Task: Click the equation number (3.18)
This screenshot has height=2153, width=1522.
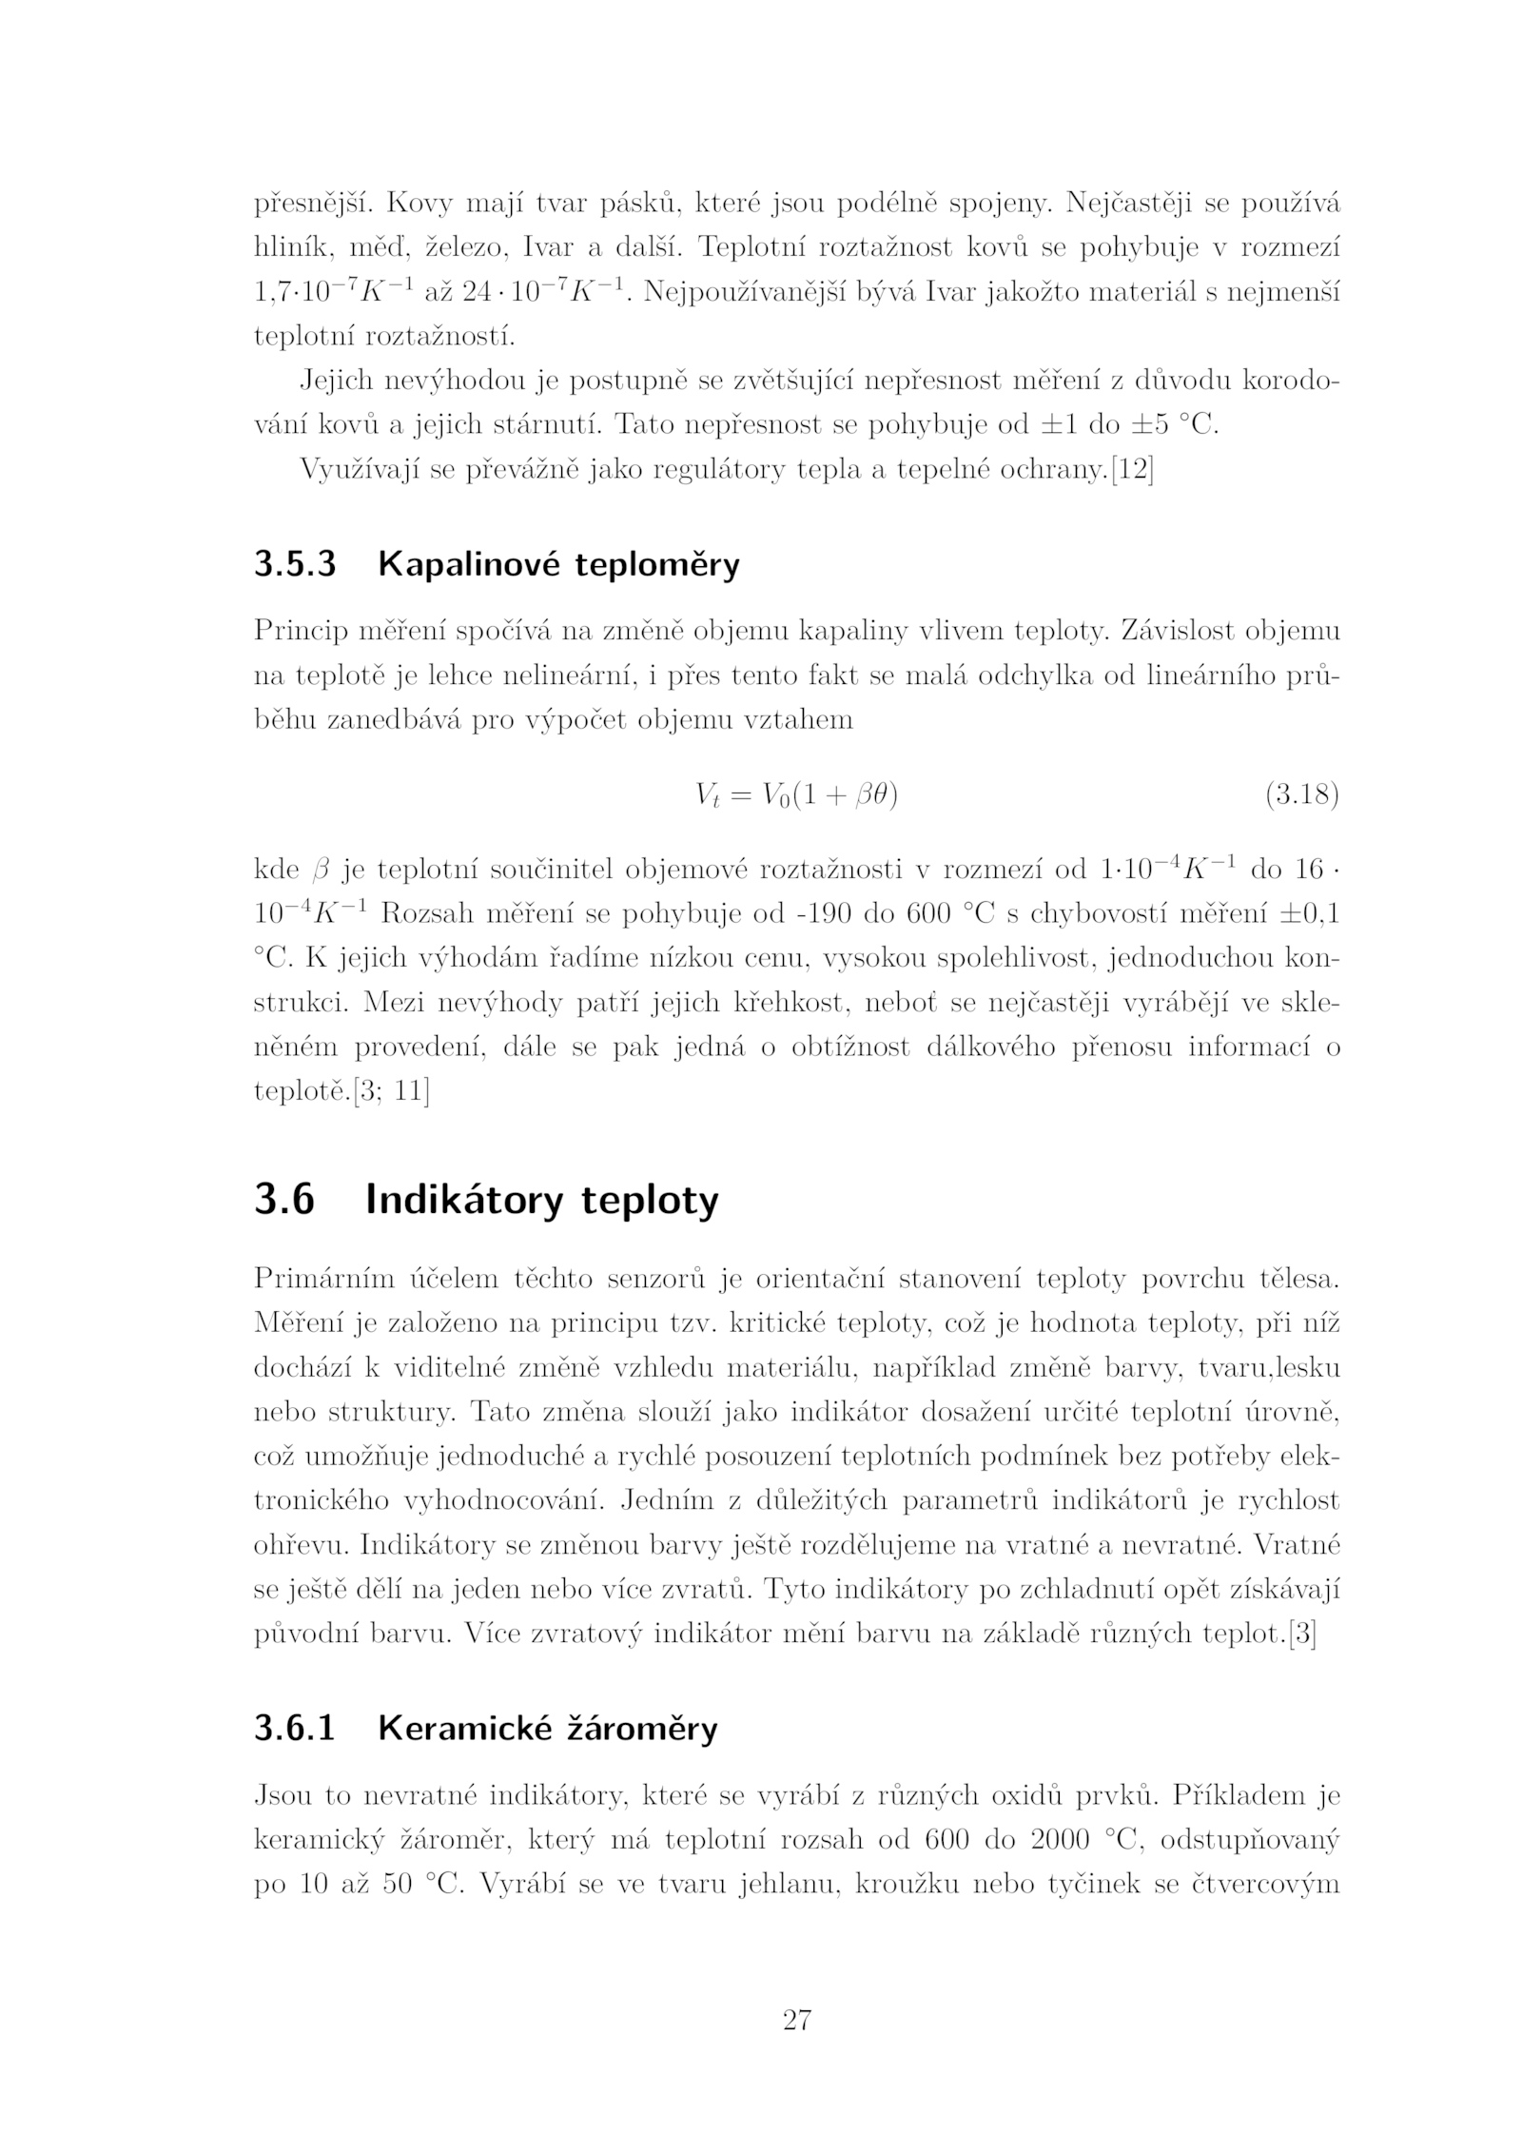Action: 1301,794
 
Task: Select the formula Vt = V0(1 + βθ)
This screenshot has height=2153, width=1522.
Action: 796,795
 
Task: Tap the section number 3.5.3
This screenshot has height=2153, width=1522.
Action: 295,564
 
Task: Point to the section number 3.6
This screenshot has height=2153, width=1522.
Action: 283,1200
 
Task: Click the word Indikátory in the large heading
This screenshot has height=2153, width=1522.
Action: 465,1200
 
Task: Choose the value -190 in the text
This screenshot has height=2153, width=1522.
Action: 820,914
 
